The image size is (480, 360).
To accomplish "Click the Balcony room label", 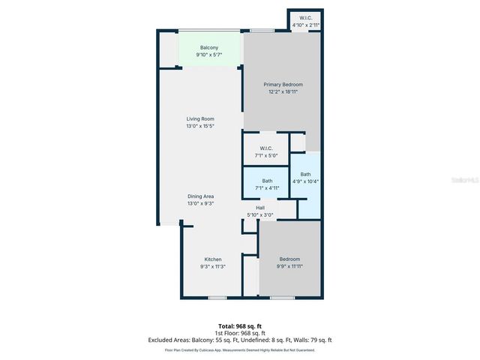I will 209,47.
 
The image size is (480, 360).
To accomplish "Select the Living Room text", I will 200,118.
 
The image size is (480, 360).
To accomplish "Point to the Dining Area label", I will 200,196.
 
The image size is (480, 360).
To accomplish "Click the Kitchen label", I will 213,259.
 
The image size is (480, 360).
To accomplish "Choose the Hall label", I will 260,208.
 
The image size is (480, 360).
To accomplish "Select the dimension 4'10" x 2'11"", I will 306,25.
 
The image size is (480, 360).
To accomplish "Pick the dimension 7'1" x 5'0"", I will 266,155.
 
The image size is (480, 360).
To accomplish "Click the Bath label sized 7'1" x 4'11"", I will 266,180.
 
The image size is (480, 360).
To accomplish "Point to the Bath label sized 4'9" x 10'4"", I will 305,174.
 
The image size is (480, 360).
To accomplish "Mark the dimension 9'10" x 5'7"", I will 209,55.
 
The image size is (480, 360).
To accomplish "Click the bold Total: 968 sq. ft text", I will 239,326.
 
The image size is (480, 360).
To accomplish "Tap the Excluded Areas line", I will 239,340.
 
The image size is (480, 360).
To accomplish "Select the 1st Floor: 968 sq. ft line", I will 239,333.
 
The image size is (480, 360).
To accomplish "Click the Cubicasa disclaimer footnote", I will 239,349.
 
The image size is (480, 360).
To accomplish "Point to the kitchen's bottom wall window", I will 217,298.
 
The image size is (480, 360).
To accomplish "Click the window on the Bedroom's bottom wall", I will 281,298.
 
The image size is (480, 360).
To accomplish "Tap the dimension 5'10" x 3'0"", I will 260,215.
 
